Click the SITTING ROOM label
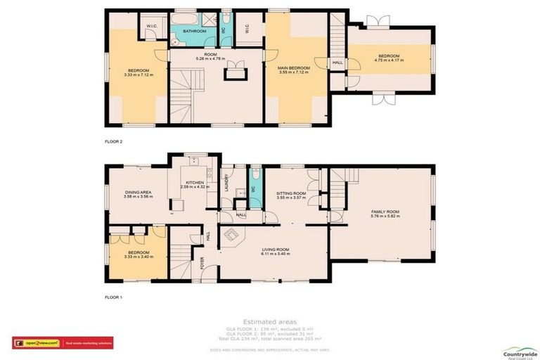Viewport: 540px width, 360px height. (x=290, y=193)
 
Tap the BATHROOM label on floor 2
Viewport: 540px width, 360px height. (x=194, y=32)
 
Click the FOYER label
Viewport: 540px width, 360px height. (x=202, y=264)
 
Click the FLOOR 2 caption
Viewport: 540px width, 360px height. (x=113, y=141)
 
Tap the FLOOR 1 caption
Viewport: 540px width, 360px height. (x=113, y=297)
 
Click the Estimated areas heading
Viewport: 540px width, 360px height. (x=269, y=321)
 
